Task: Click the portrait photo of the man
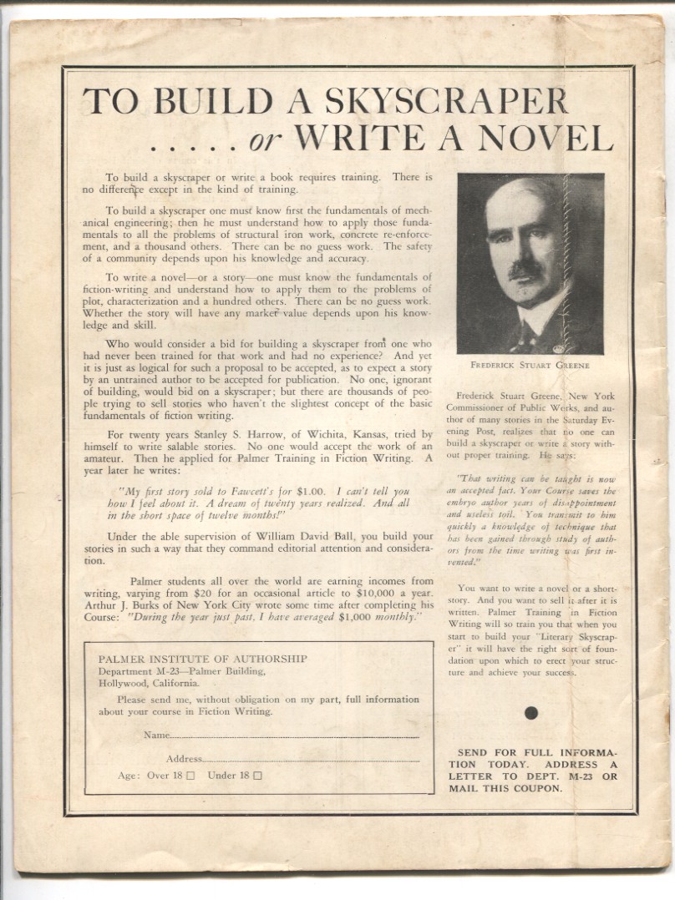[530, 264]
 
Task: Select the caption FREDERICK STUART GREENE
[530, 365]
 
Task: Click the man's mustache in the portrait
[526, 270]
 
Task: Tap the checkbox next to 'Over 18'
[190, 776]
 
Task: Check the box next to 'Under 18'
[257, 776]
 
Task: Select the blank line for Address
[311, 759]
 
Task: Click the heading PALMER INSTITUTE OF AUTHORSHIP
[202, 659]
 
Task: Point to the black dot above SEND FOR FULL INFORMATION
[530, 713]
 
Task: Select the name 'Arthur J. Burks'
[125, 604]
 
